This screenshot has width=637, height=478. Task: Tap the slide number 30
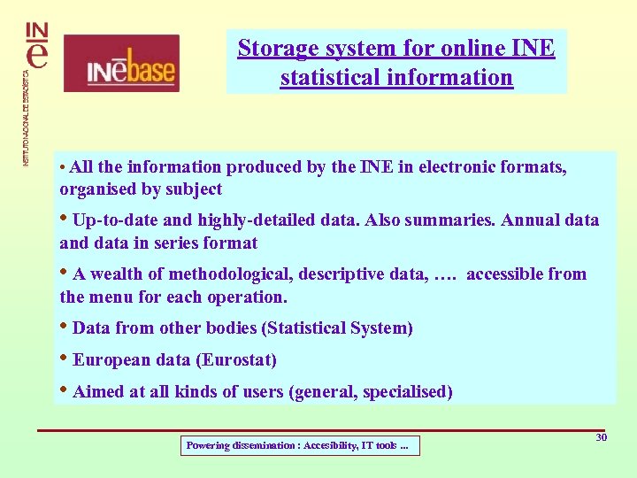pos(602,438)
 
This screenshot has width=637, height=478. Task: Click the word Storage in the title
pos(271,48)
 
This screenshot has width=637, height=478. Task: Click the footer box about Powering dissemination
pos(300,445)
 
